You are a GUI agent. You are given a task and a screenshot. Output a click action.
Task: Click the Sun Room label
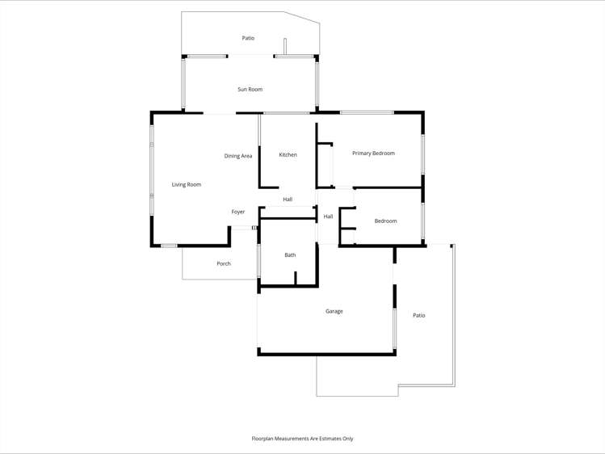pos(250,90)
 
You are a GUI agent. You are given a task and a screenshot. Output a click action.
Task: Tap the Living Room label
pos(187,185)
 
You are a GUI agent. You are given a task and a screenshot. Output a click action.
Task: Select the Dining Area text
pos(238,156)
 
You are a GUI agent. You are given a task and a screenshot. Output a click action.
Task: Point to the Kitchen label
pos(288,155)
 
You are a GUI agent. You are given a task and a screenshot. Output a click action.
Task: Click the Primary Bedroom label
pos(373,153)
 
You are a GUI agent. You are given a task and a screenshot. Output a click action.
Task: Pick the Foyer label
pos(238,212)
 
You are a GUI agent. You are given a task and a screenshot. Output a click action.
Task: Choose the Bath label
pos(290,255)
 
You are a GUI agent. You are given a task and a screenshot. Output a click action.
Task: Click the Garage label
pos(334,311)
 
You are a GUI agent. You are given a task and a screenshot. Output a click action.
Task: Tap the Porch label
pos(224,264)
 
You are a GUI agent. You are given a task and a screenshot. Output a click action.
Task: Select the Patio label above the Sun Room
pos(248,39)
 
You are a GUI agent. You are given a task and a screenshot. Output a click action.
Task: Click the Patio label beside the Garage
pos(418,316)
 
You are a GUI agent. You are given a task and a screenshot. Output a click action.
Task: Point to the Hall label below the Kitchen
pos(288,200)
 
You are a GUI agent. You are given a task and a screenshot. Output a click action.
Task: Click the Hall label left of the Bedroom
pos(328,216)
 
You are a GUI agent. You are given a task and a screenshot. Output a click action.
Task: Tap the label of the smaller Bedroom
pos(385,221)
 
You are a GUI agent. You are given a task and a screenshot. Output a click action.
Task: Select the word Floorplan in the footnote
pos(264,439)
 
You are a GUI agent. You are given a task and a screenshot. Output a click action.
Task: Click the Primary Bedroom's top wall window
pos(367,112)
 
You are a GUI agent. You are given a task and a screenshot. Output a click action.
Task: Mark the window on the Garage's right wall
pos(395,327)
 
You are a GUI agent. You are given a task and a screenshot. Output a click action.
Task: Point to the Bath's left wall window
pos(258,261)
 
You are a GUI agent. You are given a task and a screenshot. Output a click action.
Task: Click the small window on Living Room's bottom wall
pos(168,246)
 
